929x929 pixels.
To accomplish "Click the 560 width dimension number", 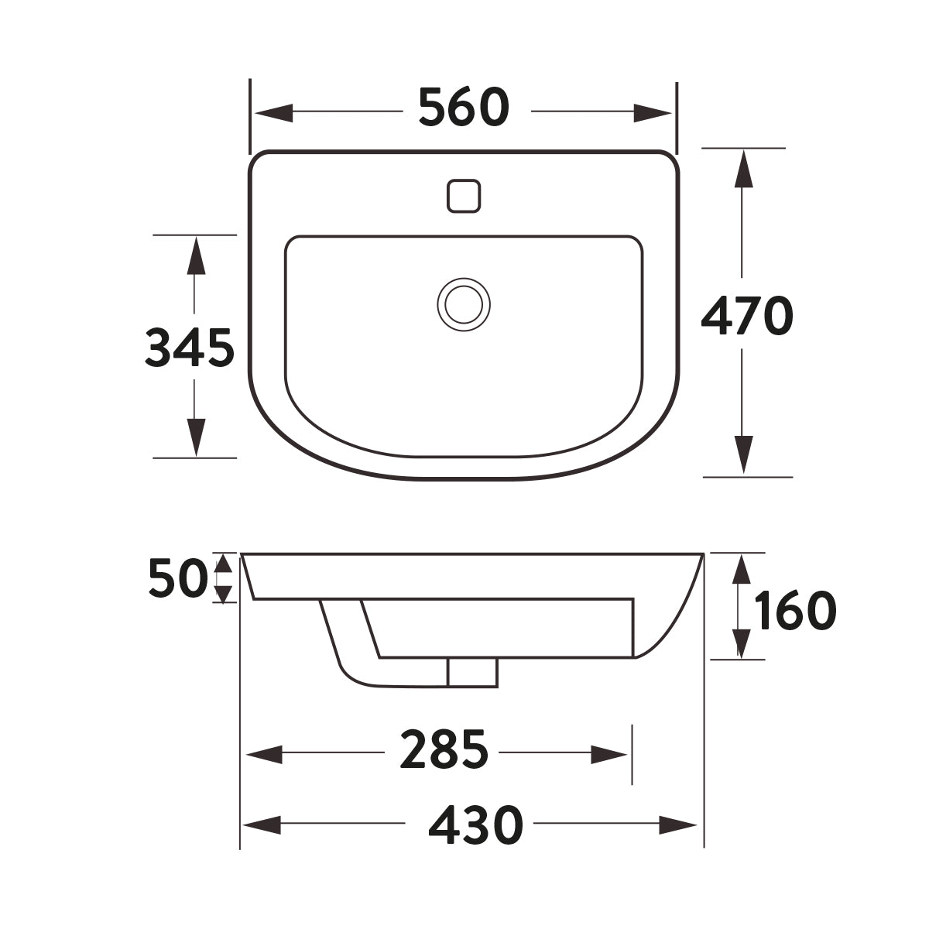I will (464, 108).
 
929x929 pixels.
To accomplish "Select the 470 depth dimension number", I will (746, 316).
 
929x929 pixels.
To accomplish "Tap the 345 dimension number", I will (190, 348).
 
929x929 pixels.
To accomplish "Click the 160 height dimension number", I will (796, 611).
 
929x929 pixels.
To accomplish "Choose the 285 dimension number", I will (444, 750).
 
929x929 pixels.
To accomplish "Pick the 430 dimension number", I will (475, 825).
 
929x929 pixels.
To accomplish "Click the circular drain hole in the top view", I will (464, 303).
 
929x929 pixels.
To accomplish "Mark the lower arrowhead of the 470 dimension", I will (743, 454).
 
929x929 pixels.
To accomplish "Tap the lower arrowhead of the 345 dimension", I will (196, 437).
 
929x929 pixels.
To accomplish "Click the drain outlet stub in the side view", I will (472, 672).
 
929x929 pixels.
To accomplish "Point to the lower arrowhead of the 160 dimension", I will (742, 643).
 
